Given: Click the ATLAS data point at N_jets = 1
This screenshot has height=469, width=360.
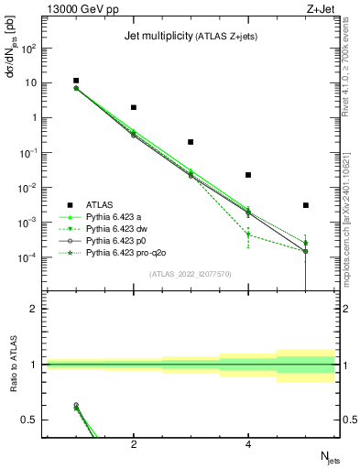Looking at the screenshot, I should pos(76,81).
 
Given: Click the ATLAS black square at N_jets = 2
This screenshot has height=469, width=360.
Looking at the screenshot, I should pos(134,107).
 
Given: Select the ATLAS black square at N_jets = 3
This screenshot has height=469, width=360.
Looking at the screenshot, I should pos(191,142).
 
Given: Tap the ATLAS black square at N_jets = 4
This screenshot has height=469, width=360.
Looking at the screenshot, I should pos(248,175).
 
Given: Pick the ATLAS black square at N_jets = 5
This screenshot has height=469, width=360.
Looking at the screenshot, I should pos(306,205).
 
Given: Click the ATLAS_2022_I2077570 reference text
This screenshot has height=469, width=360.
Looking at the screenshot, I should pos(189,274).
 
